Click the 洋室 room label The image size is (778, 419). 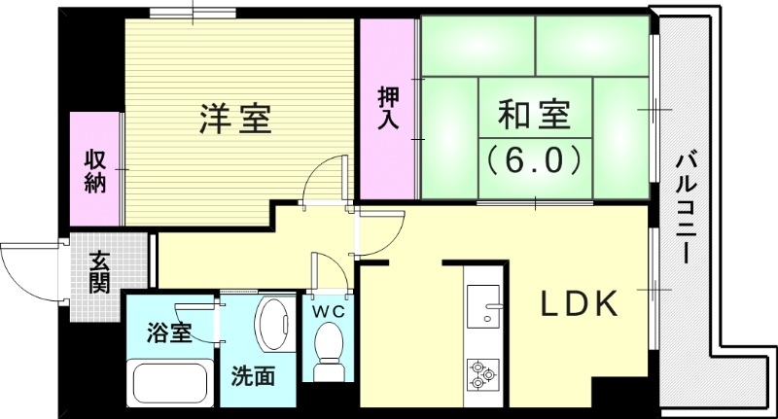coord(235,119)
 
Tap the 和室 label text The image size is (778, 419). coord(533,117)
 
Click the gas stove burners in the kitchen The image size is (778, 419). coord(482,374)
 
